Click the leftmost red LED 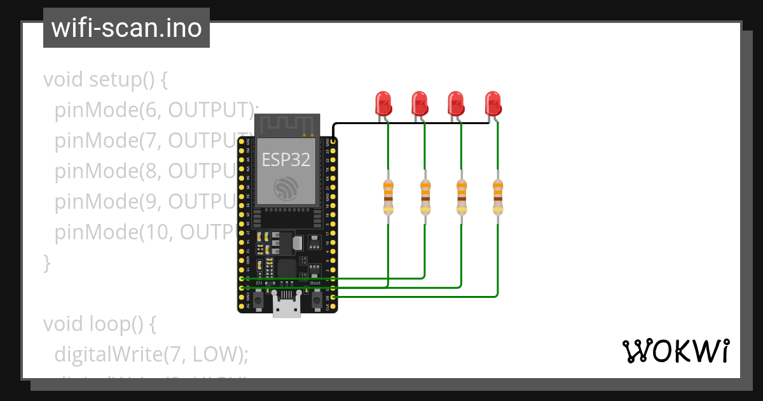(x=383, y=102)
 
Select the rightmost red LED (x=493, y=102)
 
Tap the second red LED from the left (x=419, y=102)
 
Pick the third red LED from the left (x=455, y=102)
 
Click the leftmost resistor (x=388, y=197)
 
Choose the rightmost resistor (x=498, y=197)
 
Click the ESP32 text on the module (x=286, y=160)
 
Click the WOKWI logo (x=675, y=351)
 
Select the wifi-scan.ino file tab (x=127, y=28)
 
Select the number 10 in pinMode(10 (x=162, y=232)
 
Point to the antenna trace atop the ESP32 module (x=286, y=125)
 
